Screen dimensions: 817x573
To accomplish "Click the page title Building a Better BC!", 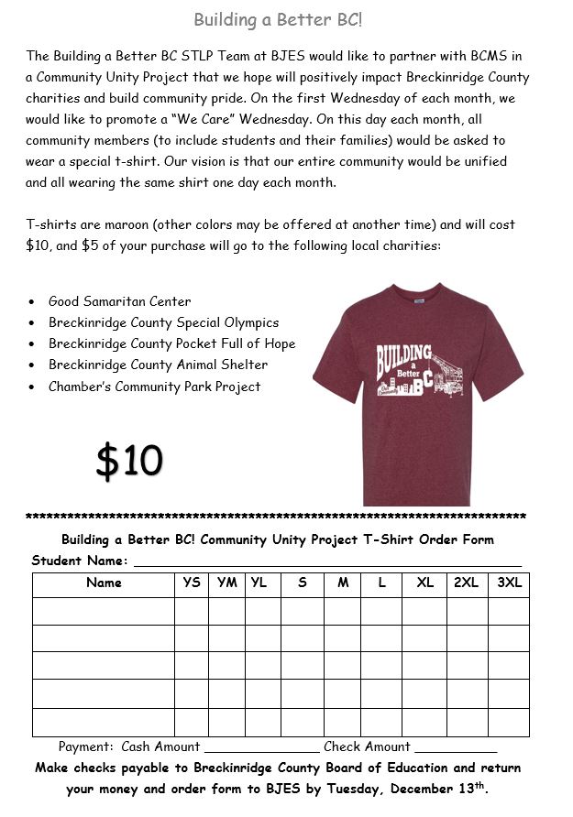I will (284, 19).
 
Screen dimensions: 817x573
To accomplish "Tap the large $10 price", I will (129, 461).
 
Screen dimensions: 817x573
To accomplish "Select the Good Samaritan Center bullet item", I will (119, 301).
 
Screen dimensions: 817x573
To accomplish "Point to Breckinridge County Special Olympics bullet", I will (163, 322).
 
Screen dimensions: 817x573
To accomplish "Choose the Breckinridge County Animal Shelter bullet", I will (158, 365).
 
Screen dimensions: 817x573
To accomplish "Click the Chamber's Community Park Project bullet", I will (154, 387).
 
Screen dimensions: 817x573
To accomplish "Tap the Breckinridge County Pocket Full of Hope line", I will (171, 343).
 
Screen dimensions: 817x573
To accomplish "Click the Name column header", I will (104, 583).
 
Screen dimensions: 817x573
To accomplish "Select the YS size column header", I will (192, 583).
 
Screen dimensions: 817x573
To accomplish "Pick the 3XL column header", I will (509, 583).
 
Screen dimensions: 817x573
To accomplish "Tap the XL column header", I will (425, 583).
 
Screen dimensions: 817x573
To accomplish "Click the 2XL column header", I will (466, 583).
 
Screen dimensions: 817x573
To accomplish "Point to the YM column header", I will (227, 583).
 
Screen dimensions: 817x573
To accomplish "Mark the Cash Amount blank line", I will (261, 749).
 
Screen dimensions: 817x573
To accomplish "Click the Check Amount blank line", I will (455, 749).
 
